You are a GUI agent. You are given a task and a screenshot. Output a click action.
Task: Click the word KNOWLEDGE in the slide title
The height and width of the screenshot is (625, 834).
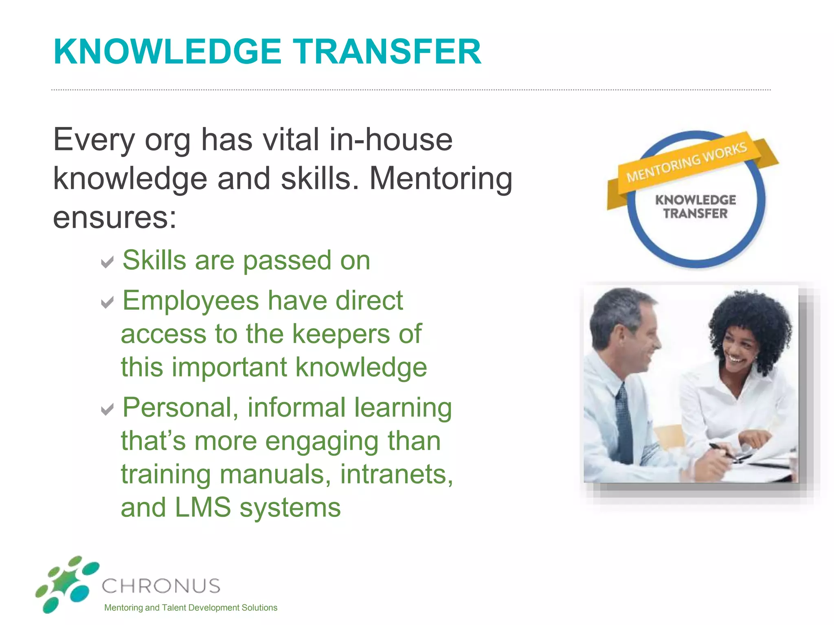click(x=167, y=52)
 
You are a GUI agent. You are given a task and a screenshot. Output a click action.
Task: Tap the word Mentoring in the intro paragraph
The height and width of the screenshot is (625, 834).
click(x=441, y=179)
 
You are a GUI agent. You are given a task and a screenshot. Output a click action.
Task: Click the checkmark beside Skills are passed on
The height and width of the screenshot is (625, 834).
click(x=108, y=262)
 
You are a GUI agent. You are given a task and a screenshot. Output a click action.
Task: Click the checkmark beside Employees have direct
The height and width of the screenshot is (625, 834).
click(x=108, y=302)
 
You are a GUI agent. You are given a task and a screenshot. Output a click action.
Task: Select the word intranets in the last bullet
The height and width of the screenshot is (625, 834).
click(x=396, y=474)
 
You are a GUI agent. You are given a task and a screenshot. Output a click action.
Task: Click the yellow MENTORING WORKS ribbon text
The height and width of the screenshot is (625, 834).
click(x=687, y=162)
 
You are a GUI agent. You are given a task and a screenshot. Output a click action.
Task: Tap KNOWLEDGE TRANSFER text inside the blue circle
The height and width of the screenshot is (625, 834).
click(x=696, y=207)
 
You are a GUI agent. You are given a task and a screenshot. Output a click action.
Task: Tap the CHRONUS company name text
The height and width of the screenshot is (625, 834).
click(x=161, y=586)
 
